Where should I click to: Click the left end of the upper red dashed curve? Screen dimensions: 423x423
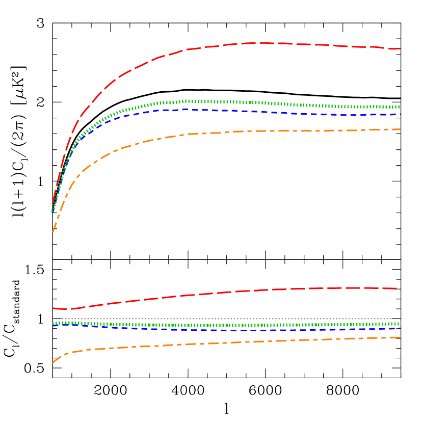53,203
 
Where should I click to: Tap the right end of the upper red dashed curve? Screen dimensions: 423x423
401,49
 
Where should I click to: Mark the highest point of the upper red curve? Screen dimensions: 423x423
260,43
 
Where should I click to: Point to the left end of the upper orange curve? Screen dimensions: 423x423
53,232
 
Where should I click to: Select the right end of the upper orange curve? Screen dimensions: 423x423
401,129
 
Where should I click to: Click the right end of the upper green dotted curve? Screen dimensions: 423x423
400,107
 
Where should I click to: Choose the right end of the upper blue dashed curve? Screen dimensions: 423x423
401,114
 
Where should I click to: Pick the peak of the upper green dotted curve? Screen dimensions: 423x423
187,101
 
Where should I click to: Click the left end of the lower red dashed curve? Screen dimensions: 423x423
53,308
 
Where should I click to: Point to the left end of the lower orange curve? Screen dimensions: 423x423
53,362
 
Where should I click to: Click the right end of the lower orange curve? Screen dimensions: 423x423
400,337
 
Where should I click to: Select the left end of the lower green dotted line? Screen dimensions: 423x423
53,323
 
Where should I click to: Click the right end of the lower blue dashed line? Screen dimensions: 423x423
400,328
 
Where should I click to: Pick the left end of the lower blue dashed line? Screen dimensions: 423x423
53,326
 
